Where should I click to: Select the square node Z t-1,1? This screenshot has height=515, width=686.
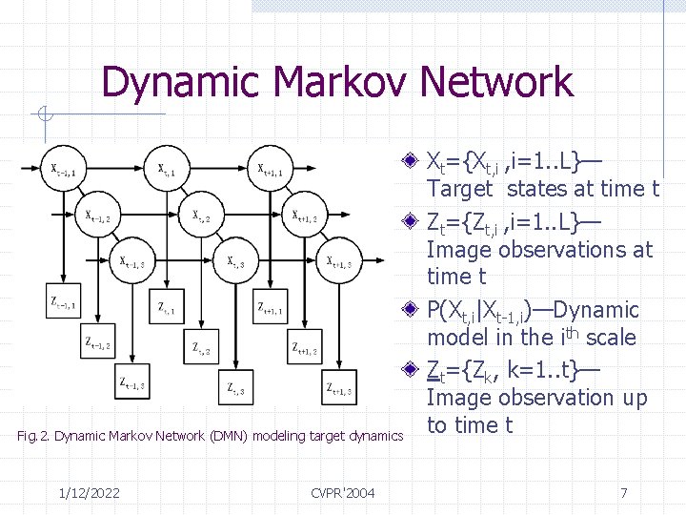pos(65,304)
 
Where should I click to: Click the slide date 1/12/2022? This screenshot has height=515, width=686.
pos(89,493)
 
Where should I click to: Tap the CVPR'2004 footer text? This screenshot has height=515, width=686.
pos(342,493)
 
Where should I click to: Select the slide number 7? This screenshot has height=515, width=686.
pos(623,493)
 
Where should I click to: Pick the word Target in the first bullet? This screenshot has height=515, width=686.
pos(460,189)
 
